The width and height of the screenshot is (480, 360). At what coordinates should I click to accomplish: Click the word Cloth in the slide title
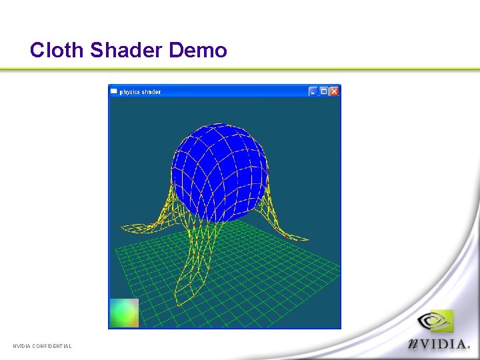pos(57,50)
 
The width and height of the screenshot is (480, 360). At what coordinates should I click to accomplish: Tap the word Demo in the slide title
pos(198,50)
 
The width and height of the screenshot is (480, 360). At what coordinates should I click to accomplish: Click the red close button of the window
pos(334,91)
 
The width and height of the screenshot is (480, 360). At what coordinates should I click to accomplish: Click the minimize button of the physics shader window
pos(313,91)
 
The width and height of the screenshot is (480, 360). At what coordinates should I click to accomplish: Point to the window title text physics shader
pos(140,91)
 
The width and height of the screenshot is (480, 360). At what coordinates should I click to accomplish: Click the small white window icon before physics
pos(114,91)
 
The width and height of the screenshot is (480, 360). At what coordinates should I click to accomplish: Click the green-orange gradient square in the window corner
pos(124,313)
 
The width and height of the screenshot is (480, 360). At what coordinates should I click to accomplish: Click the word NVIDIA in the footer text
pos(23,346)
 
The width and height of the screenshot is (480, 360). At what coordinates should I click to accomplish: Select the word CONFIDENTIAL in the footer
pos(53,346)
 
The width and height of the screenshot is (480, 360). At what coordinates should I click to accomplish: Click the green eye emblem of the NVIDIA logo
pos(437,322)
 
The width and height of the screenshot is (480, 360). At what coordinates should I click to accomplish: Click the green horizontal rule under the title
pos(240,69)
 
